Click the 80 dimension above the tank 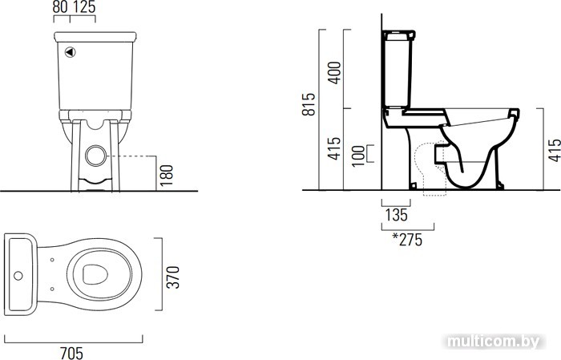[x=60, y=7]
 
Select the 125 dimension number [x=83, y=7]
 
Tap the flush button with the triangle [x=71, y=52]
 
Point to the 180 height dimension [x=167, y=176]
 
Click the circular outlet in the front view [x=96, y=156]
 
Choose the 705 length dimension [x=72, y=353]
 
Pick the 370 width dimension [x=174, y=277]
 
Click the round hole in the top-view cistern [x=18, y=276]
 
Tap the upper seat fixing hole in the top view [x=52, y=260]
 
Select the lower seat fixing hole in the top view [x=52, y=289]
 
